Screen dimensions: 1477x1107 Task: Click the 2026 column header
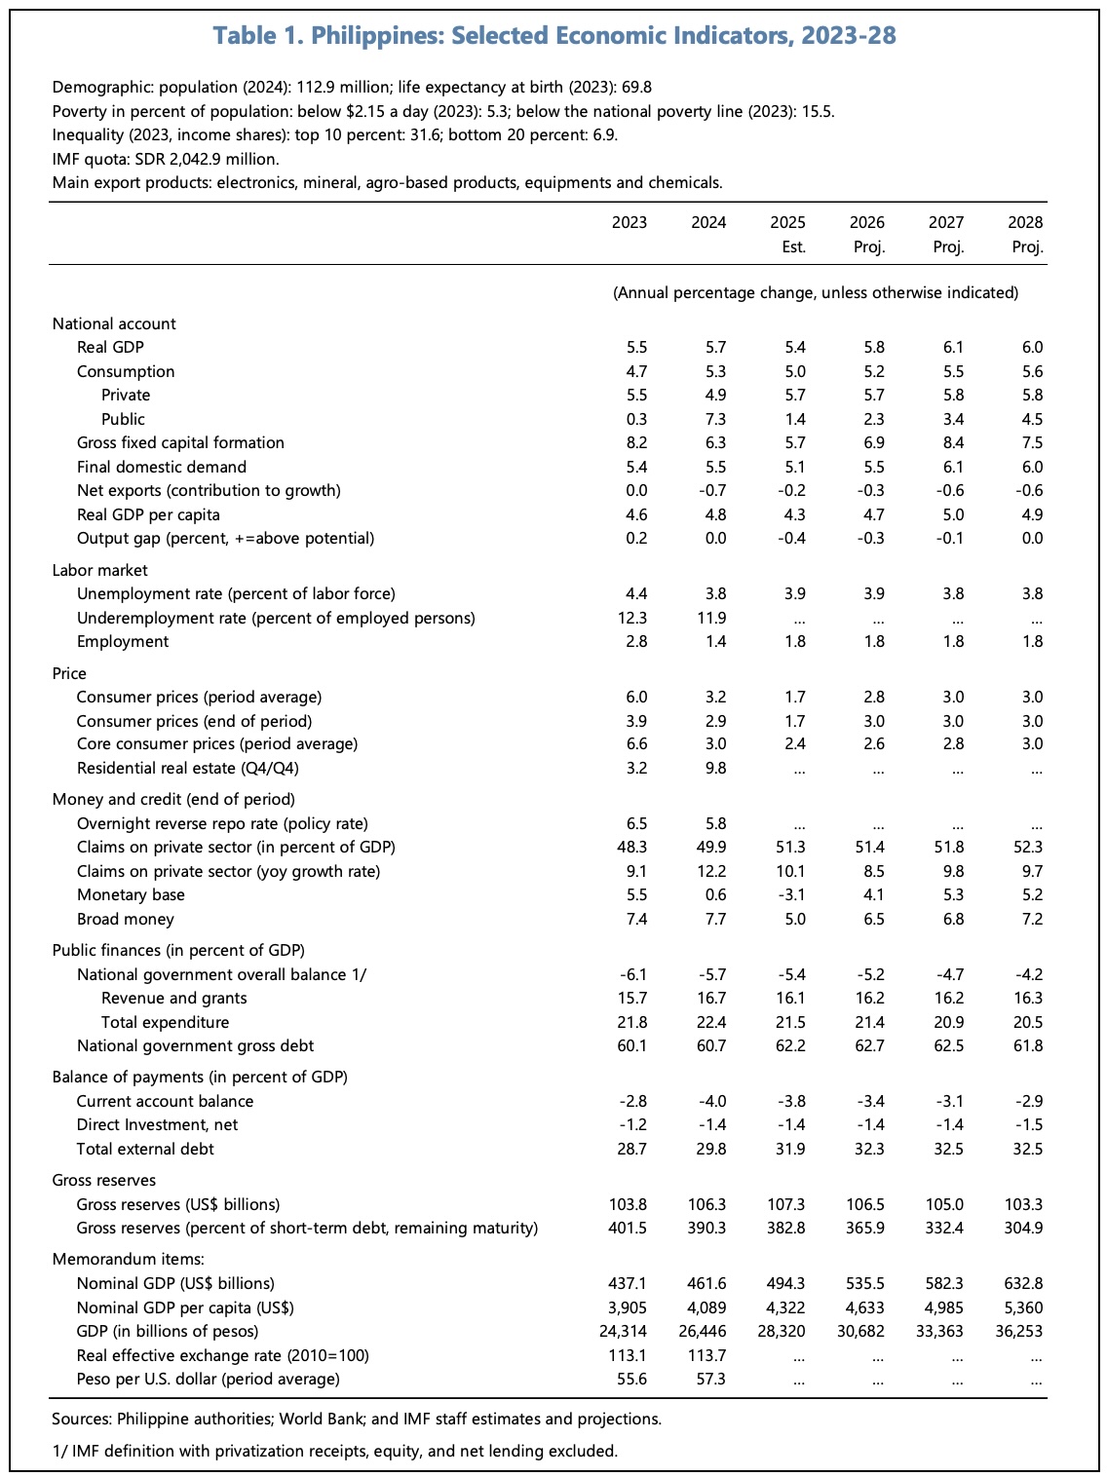click(867, 222)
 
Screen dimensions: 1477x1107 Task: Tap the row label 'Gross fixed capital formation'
click(180, 442)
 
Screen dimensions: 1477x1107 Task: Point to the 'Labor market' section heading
click(99, 570)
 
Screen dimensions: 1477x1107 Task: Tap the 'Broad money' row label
click(125, 919)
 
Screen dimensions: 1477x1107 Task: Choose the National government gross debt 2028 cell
click(1027, 1045)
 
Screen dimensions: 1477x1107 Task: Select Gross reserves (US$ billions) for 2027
click(944, 1204)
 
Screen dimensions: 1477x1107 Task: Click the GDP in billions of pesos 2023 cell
click(625, 1331)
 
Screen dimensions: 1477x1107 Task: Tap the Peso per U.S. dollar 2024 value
click(714, 1379)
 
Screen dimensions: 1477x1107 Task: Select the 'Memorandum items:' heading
click(128, 1259)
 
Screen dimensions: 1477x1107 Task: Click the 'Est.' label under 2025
click(794, 246)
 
